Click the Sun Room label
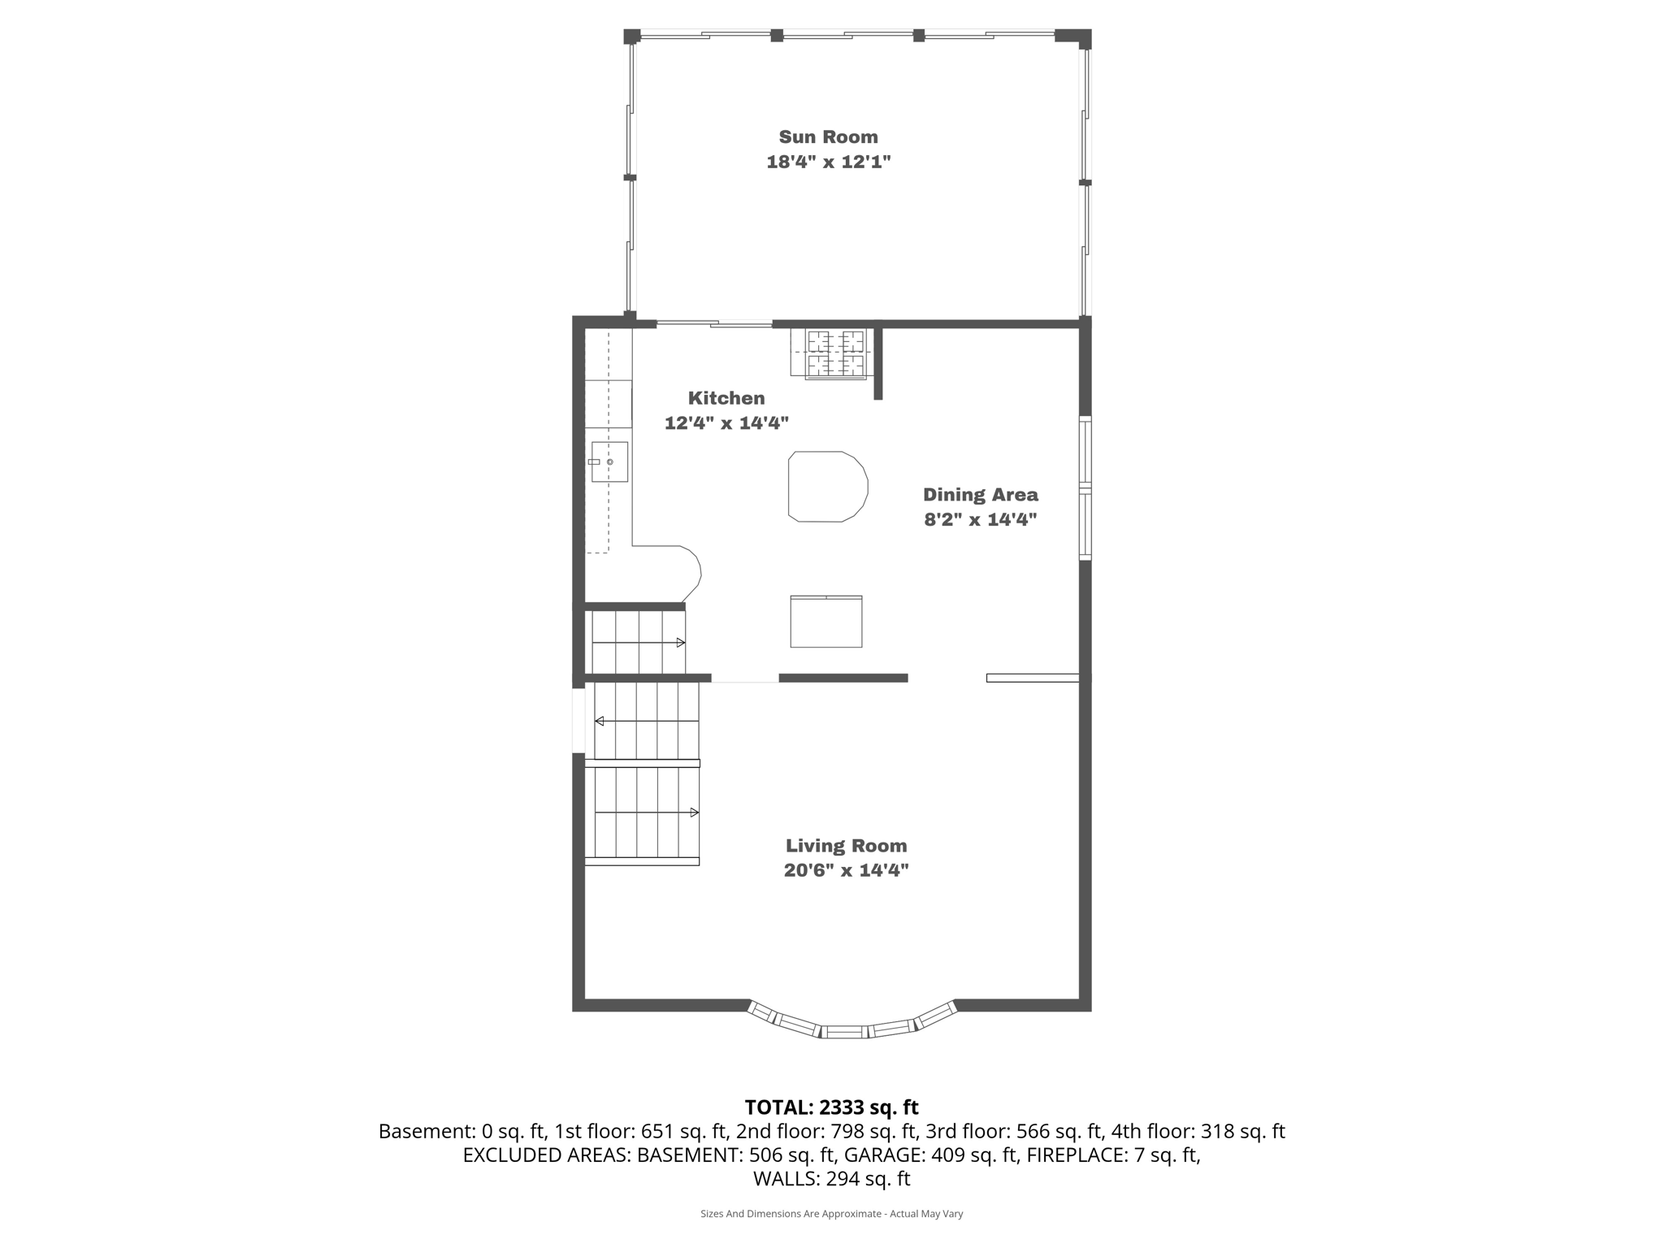pyautogui.click(x=828, y=136)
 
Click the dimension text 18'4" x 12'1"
pyautogui.click(x=828, y=162)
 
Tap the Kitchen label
pyautogui.click(x=726, y=398)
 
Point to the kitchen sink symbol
pyautogui.click(x=609, y=461)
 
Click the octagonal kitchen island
pyautogui.click(x=827, y=487)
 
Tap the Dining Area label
pyautogui.click(x=980, y=494)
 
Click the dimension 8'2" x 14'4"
pyautogui.click(x=980, y=519)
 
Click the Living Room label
pyautogui.click(x=846, y=845)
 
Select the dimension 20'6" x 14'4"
pyautogui.click(x=846, y=870)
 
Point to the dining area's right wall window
pyautogui.click(x=1085, y=487)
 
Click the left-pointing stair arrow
pyautogui.click(x=600, y=721)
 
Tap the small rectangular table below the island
pyautogui.click(x=825, y=622)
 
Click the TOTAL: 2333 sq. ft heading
pyautogui.click(x=831, y=1107)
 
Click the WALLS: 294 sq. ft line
pyautogui.click(x=831, y=1178)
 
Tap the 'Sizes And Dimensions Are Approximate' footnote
pyautogui.click(x=831, y=1214)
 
